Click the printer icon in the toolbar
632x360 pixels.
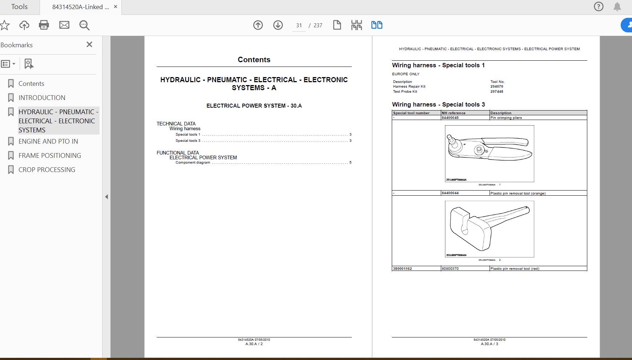pos(44,25)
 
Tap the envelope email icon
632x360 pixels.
pos(64,25)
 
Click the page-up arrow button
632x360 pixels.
pos(258,25)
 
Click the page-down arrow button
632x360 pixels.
pos(278,25)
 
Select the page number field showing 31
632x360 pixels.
pos(299,25)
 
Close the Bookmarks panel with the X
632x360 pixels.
pos(89,44)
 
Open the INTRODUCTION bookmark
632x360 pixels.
pos(42,98)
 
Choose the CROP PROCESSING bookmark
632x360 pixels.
pos(47,170)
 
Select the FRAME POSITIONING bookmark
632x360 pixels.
pos(50,156)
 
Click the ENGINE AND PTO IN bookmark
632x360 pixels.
pos(48,141)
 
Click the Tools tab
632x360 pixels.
pos(19,7)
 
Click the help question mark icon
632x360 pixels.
pos(599,7)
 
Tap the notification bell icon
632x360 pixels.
pos(617,7)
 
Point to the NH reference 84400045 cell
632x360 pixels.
pos(450,118)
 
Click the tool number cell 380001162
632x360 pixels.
pos(402,269)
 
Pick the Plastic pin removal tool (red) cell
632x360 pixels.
pos(515,269)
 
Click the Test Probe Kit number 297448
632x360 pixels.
pos(497,92)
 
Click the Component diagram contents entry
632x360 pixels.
pos(193,163)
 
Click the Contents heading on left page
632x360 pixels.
pos(254,60)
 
